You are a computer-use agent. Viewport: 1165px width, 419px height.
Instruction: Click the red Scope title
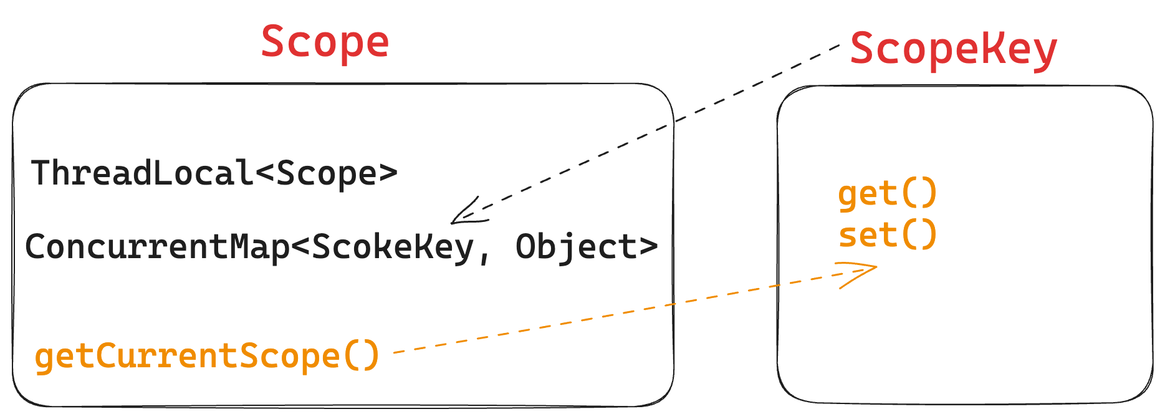[325, 42]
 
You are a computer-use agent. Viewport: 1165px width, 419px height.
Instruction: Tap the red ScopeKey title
[953, 49]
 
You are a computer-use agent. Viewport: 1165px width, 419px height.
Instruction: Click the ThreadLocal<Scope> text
[214, 173]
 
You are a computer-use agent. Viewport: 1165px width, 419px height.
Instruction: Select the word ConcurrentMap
[157, 247]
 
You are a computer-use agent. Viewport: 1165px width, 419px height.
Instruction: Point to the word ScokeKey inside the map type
[393, 247]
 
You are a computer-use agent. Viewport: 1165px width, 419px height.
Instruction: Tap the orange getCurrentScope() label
[207, 356]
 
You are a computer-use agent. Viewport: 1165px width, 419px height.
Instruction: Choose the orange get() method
[887, 193]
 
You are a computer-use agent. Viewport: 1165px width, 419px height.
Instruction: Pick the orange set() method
[887, 235]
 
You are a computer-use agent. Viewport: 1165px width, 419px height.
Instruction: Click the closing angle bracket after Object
[649, 247]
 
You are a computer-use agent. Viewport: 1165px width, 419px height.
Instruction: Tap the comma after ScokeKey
[484, 256]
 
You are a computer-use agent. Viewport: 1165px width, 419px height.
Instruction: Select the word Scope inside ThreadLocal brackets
[327, 173]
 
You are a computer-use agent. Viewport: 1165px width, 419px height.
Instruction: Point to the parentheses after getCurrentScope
[362, 356]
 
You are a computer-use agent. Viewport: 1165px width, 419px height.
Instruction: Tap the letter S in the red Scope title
[273, 42]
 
